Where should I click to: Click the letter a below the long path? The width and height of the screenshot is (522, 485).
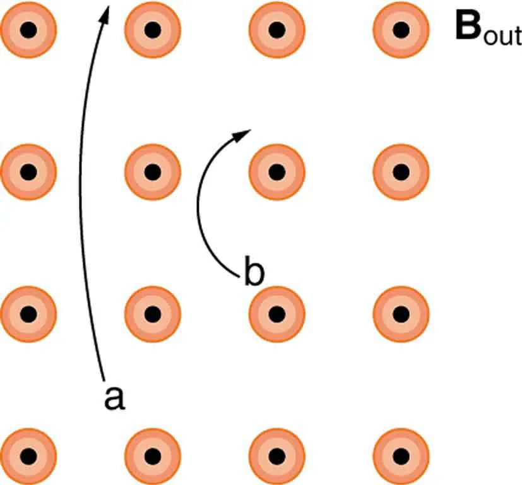tap(114, 398)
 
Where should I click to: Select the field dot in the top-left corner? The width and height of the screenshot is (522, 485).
tap(28, 29)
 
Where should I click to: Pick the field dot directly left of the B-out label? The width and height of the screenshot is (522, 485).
tap(401, 29)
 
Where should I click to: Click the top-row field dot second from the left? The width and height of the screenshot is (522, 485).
tap(152, 29)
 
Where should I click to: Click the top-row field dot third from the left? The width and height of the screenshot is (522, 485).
tap(276, 29)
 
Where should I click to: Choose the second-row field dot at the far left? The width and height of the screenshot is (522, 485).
tap(28, 171)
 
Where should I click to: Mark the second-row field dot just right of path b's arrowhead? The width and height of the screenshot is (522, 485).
tap(276, 171)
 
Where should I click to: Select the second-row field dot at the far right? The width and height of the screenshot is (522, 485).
tap(401, 171)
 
